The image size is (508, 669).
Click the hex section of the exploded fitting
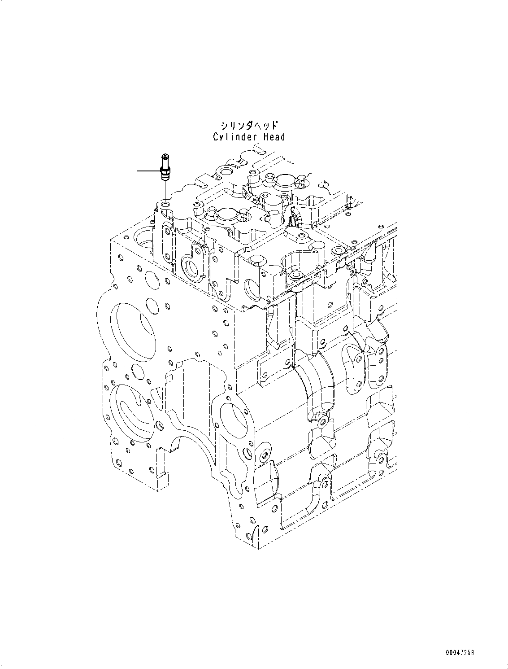point(165,170)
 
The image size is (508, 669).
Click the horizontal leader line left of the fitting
point(148,171)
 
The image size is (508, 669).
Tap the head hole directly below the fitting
point(165,205)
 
